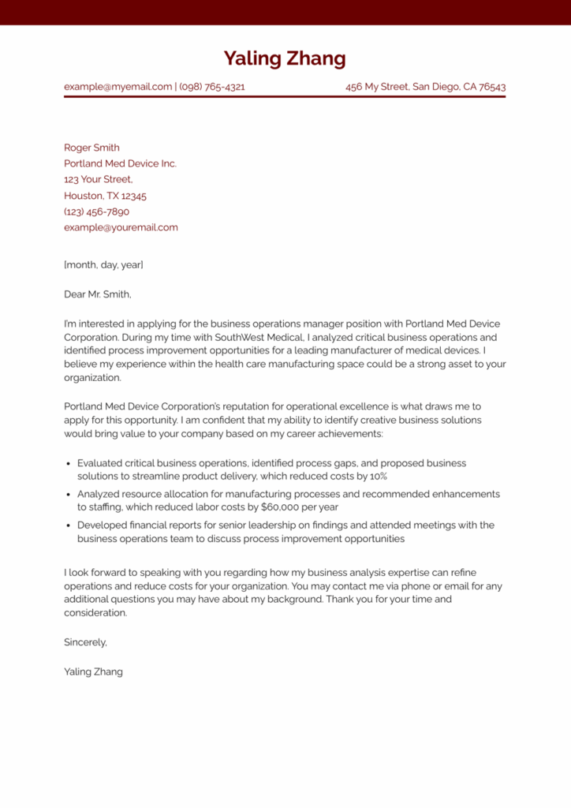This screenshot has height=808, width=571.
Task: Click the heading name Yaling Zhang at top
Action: pyautogui.click(x=285, y=59)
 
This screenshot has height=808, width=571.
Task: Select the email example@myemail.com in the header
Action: pyautogui.click(x=118, y=87)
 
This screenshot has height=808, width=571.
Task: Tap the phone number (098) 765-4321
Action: pyautogui.click(x=212, y=87)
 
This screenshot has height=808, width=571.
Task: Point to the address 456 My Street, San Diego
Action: pyautogui.click(x=425, y=87)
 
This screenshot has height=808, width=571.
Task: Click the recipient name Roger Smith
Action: pyautogui.click(x=91, y=148)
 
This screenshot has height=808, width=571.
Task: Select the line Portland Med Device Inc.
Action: pyautogui.click(x=120, y=163)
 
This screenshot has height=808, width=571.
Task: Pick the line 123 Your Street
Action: pyautogui.click(x=98, y=179)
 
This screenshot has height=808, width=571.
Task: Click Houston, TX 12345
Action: pyautogui.click(x=105, y=196)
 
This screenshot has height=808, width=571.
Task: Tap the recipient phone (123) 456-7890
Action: pyautogui.click(x=96, y=211)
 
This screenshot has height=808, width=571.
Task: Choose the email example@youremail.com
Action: pyautogui.click(x=121, y=227)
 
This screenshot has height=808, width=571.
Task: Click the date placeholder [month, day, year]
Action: pyautogui.click(x=103, y=264)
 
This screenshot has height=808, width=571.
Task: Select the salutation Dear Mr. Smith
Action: pyautogui.click(x=98, y=294)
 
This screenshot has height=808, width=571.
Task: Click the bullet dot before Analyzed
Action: pyautogui.click(x=69, y=495)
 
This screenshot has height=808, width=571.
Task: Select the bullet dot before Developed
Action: pyautogui.click(x=69, y=526)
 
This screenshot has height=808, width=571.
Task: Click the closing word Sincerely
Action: pyautogui.click(x=85, y=642)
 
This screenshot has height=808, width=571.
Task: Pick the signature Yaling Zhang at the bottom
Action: pyautogui.click(x=93, y=672)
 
